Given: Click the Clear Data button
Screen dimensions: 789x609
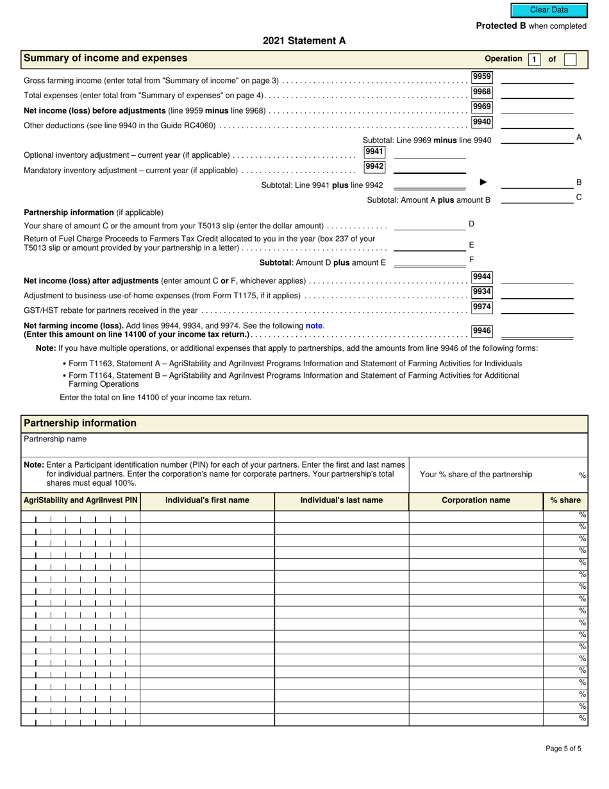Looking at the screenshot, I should click(549, 10).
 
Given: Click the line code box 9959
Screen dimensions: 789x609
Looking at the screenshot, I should click(481, 77).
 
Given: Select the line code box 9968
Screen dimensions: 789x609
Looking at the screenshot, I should click(481, 92).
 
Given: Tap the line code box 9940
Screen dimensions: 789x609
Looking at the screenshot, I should click(481, 122).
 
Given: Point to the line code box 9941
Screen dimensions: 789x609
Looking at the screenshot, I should click(374, 152).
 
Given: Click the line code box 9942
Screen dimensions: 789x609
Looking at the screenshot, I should click(374, 167).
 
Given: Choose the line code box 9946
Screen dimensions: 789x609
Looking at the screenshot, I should click(481, 331).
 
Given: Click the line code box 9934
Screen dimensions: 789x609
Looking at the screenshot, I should click(481, 292).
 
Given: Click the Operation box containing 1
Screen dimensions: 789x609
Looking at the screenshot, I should click(534, 60).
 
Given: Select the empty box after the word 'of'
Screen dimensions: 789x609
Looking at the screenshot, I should click(571, 60).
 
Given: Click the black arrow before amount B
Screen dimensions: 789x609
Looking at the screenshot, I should click(483, 182).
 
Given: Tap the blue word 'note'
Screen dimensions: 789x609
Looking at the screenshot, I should click(314, 326).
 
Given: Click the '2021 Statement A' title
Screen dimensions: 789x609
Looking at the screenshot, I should click(304, 40).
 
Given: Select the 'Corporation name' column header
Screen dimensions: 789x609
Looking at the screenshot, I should click(476, 500).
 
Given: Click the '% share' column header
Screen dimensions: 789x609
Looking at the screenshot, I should click(565, 500).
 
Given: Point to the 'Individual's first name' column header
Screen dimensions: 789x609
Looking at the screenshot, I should click(207, 500).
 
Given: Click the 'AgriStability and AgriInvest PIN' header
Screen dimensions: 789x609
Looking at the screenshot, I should click(81, 500).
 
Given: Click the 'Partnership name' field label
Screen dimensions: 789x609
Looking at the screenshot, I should click(55, 439).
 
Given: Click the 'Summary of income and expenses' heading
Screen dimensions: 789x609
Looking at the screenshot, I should click(106, 58).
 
